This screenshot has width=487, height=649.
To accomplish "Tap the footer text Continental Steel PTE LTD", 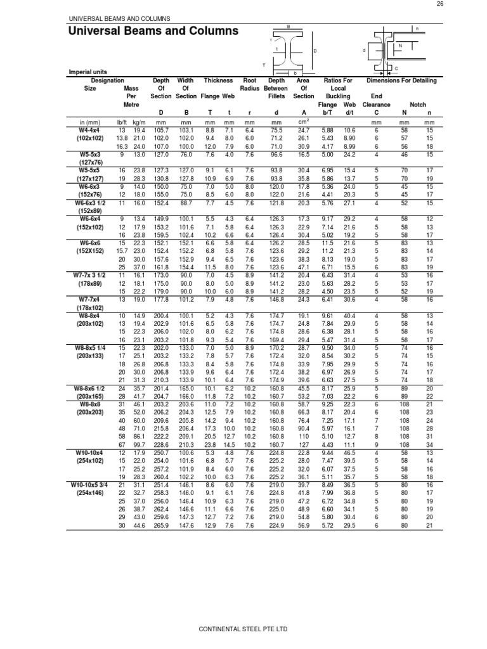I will pos(243,629).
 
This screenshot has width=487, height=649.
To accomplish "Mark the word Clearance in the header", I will pos(376,103).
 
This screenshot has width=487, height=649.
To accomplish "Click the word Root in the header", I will pos(250,81).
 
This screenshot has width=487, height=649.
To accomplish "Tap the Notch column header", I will pos(418,103).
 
